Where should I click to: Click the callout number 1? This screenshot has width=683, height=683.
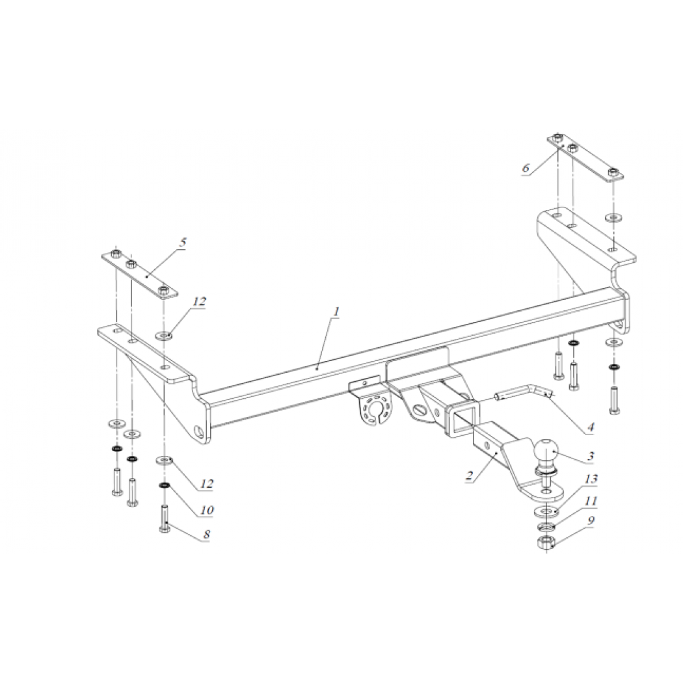point(336,312)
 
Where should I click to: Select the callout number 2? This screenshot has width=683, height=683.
point(469,474)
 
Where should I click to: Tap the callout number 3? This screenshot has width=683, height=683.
point(591,456)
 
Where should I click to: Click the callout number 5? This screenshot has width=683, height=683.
point(183,243)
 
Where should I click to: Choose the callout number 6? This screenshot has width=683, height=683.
point(526,168)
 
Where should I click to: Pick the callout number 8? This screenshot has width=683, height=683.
point(206,534)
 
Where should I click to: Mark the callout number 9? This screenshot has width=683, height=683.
point(591,520)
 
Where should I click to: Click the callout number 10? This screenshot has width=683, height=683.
point(207,509)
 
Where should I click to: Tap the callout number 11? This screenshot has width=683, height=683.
point(591,500)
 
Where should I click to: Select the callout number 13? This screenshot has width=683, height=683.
point(591,479)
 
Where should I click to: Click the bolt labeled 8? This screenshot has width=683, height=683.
point(164,518)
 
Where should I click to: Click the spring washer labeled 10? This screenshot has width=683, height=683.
point(164,485)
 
